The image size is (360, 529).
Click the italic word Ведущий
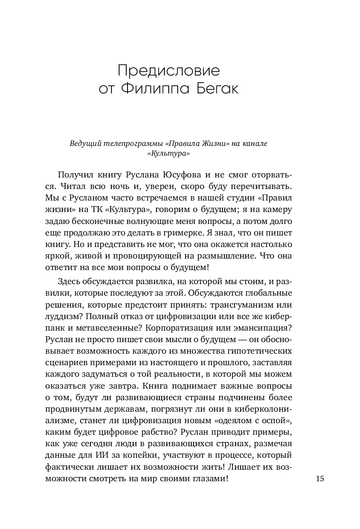(x=85, y=144)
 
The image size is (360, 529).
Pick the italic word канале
(x=255, y=144)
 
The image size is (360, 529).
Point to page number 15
(x=320, y=478)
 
